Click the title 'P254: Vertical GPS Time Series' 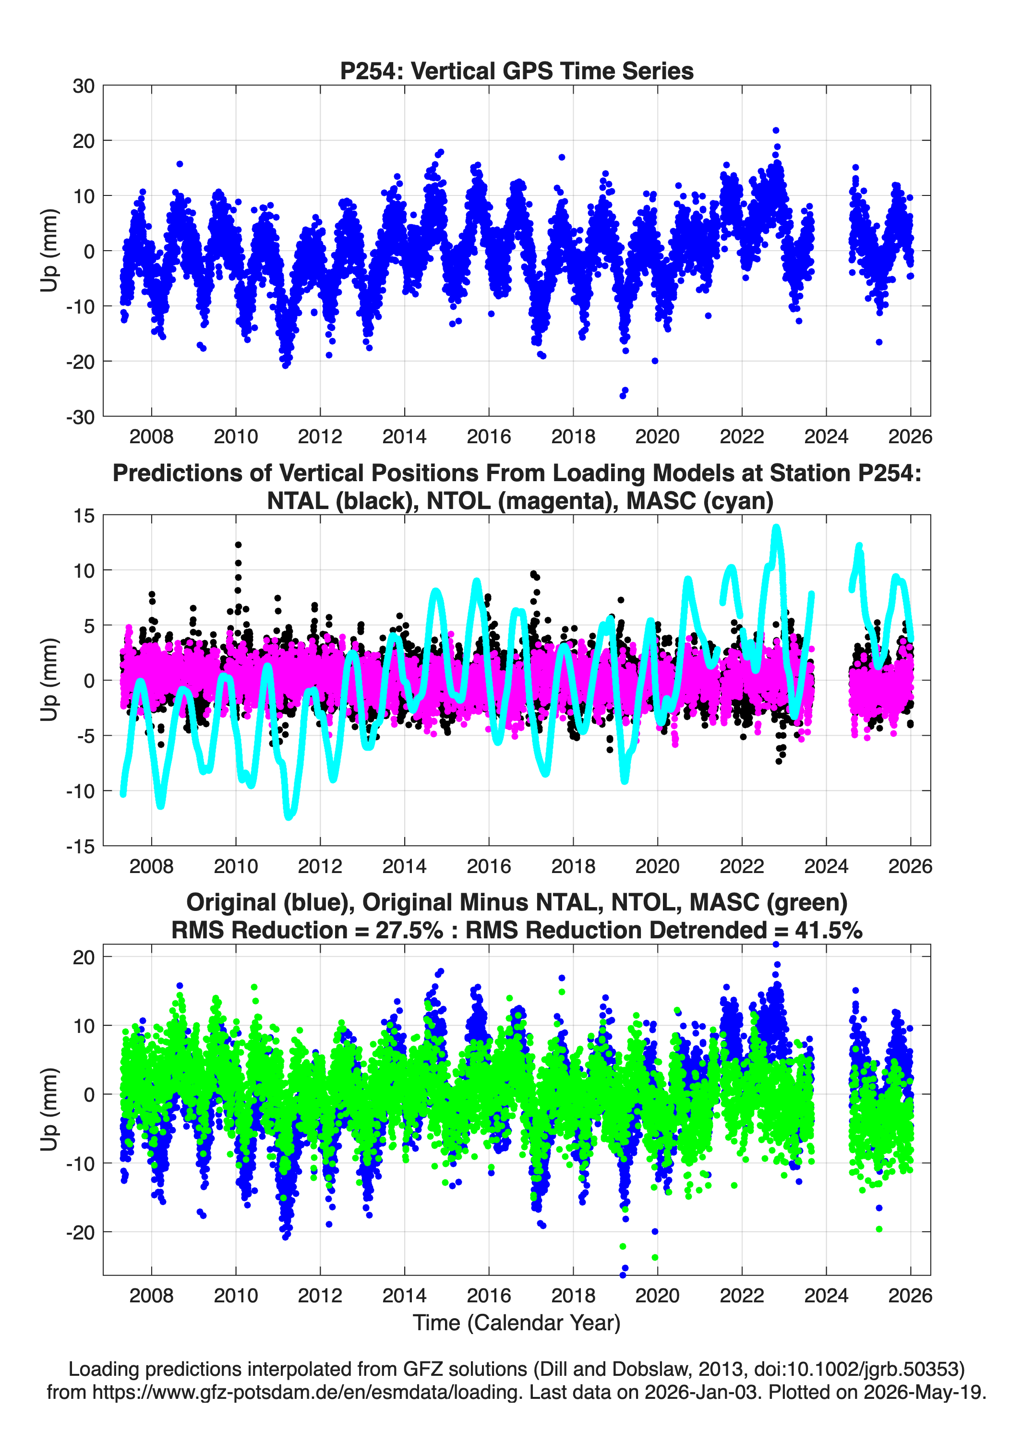pos(517,71)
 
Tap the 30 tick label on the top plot pos(84,86)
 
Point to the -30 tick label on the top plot pos(80,417)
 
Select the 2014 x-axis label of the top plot pos(404,437)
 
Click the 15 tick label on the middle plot pos(84,516)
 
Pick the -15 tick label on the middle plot pos(80,847)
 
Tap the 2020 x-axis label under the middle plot pos(657,866)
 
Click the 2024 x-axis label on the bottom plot pos(826,1295)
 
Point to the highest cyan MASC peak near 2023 pos(776,528)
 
